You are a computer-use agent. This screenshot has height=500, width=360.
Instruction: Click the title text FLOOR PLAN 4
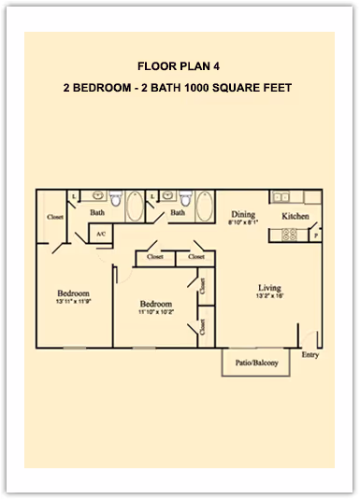pyautogui.click(x=180, y=66)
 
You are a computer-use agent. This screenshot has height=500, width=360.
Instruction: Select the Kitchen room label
pyautogui.click(x=295, y=216)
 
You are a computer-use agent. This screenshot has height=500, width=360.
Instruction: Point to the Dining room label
pyautogui.click(x=243, y=214)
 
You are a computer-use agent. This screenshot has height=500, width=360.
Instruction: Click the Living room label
pyautogui.click(x=270, y=287)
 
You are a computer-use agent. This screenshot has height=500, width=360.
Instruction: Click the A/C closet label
pyautogui.click(x=99, y=235)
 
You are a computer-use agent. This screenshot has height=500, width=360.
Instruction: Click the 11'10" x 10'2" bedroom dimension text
pyautogui.click(x=155, y=313)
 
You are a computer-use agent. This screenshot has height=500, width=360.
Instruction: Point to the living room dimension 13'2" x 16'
pyautogui.click(x=270, y=296)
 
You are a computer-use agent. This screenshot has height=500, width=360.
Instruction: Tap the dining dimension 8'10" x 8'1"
pyautogui.click(x=243, y=223)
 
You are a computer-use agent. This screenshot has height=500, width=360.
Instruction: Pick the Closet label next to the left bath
pyautogui.click(x=55, y=218)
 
